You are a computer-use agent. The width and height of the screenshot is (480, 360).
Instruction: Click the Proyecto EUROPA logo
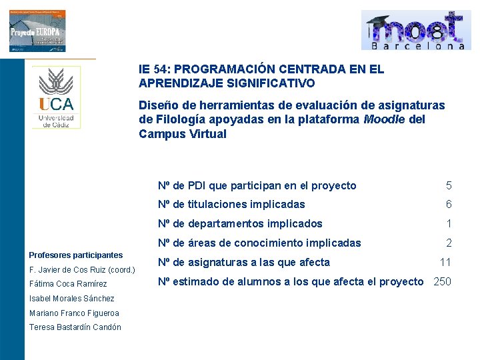37,31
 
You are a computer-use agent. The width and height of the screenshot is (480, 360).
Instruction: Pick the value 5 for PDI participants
449,186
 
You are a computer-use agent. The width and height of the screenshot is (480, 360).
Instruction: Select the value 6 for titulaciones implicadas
449,205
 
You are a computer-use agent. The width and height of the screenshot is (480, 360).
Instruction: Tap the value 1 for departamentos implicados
449,224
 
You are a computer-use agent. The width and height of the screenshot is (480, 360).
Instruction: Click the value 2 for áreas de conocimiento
449,243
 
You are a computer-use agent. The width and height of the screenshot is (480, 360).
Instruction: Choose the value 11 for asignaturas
445,263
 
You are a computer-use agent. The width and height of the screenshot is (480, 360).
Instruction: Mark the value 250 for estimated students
442,281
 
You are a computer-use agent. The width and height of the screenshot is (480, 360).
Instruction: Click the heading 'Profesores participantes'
76,255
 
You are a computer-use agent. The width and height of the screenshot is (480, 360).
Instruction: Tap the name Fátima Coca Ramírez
68,285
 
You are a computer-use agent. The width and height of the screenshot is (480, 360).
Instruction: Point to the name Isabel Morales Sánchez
71,299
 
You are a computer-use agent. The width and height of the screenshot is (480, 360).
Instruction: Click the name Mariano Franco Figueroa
74,313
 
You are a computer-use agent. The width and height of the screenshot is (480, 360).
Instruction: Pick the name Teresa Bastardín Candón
75,327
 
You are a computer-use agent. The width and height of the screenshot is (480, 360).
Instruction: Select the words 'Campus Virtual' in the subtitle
183,134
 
